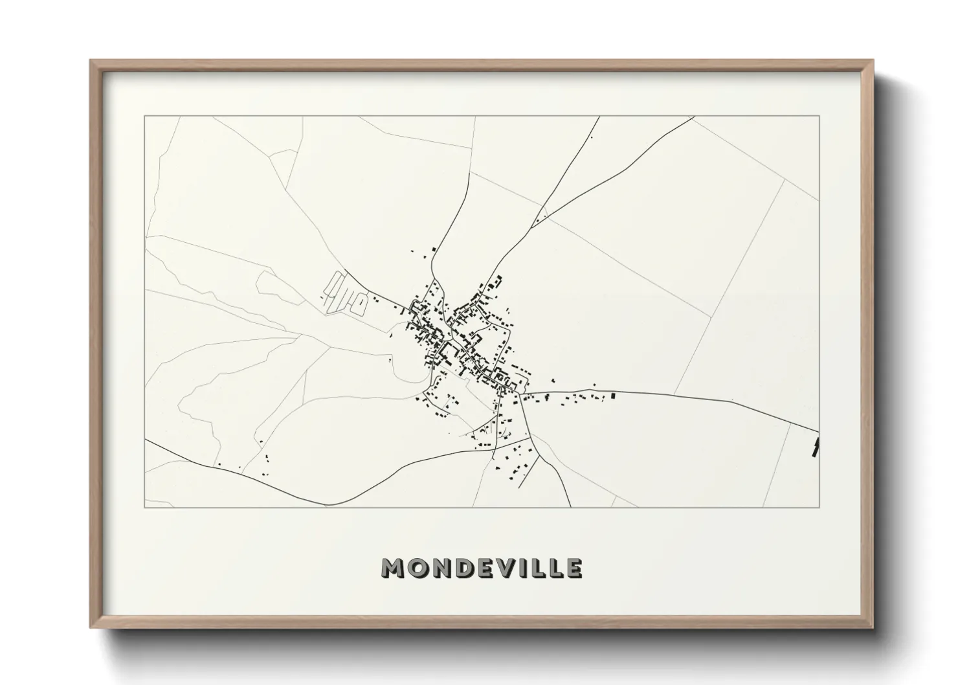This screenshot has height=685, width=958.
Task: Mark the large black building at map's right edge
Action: click(x=816, y=447)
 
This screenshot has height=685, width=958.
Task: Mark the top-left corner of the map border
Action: click(x=144, y=117)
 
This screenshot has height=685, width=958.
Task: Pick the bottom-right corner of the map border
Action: click(x=819, y=507)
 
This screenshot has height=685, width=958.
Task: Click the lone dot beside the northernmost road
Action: click(x=591, y=137)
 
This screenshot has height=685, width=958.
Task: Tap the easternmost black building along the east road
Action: click(x=613, y=395)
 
